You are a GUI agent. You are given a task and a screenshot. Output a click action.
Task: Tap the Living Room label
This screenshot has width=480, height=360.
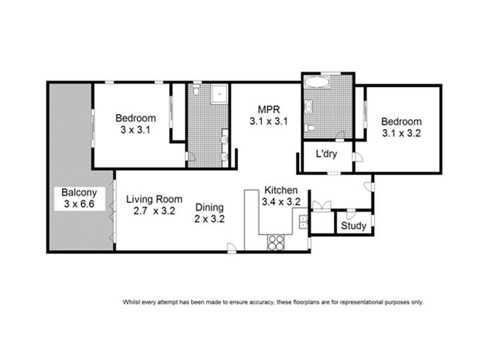[x=150, y=199]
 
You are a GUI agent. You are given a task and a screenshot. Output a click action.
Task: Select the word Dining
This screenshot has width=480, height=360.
[x=209, y=208]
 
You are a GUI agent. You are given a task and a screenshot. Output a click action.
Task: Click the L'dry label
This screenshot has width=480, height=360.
[x=326, y=154]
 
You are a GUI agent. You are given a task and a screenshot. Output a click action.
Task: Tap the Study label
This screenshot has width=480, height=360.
[x=353, y=226]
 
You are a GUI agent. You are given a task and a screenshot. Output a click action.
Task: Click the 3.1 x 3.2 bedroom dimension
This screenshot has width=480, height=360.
[x=401, y=133]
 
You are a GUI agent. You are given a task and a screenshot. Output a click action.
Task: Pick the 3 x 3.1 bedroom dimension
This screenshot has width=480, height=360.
[x=136, y=130]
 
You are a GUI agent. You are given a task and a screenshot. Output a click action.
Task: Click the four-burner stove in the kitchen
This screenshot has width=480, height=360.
[x=276, y=242]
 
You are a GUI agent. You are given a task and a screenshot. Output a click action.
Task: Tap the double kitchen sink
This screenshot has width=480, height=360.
[x=303, y=221]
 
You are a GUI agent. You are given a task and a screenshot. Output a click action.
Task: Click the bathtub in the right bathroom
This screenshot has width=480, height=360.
[x=318, y=82]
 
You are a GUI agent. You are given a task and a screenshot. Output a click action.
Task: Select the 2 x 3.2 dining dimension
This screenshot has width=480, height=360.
[x=209, y=219]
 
